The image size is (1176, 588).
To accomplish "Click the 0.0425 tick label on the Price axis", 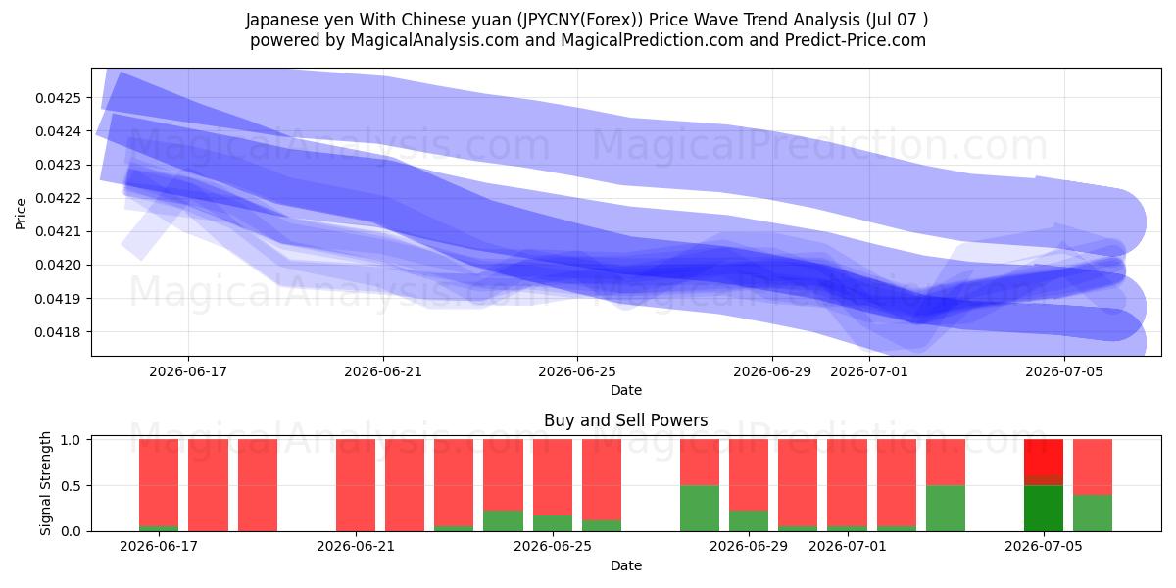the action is pos(58,98).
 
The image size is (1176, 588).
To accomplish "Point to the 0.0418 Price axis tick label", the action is pos(58,332).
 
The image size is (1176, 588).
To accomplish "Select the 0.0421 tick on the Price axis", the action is pos(58,232).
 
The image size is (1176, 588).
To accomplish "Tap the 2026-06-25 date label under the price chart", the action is pos(577,371).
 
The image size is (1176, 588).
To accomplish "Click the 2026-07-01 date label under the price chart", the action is pos(869,371).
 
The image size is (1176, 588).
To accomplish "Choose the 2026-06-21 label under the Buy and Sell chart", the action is pos(356,546).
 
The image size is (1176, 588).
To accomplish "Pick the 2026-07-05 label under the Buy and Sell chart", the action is pos(1044,546).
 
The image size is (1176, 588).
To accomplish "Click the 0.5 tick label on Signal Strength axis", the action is pos(71,486).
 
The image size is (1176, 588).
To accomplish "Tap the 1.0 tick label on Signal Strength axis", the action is pos(71,440).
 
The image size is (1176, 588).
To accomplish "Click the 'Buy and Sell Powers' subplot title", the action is pos(626,420).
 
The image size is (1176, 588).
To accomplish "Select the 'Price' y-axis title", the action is pos(21,214).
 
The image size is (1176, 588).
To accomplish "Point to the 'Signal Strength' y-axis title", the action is pos(46,483).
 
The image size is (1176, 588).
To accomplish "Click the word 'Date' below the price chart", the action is pos(626,390).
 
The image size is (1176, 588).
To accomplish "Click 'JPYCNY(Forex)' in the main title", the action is pos(579,20).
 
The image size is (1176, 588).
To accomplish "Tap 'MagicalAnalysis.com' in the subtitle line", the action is pos(435,40).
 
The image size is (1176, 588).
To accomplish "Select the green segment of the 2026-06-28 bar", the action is pos(700,509).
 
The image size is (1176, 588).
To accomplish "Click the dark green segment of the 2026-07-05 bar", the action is pos(1043,509).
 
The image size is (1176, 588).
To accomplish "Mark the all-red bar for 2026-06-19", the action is pos(257,485).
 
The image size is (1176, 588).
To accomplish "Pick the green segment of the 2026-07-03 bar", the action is pos(945,509).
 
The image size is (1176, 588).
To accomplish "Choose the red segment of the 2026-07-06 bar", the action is pos(1092,466).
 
